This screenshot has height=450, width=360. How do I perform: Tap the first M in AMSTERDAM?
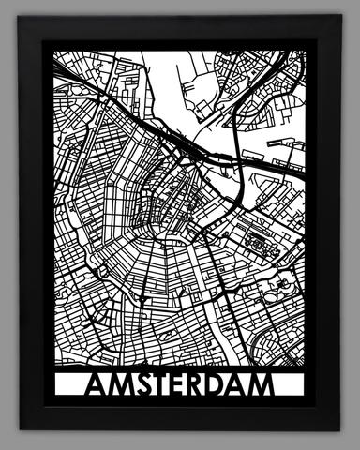[x=118, y=386]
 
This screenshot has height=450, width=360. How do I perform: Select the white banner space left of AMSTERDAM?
[x=68, y=386]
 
